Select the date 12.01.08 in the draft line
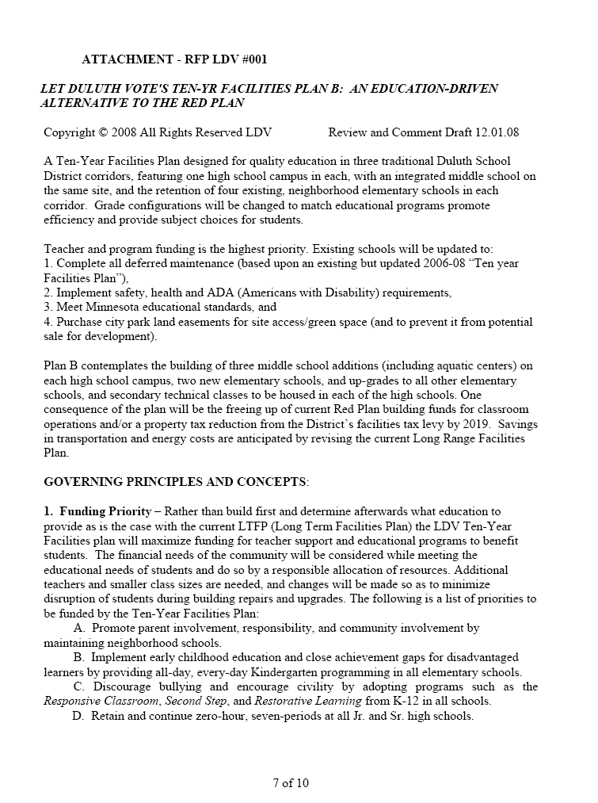pyautogui.click(x=496, y=132)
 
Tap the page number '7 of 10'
pyautogui.click(x=291, y=783)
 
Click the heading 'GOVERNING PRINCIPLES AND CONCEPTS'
pyautogui.click(x=176, y=482)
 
